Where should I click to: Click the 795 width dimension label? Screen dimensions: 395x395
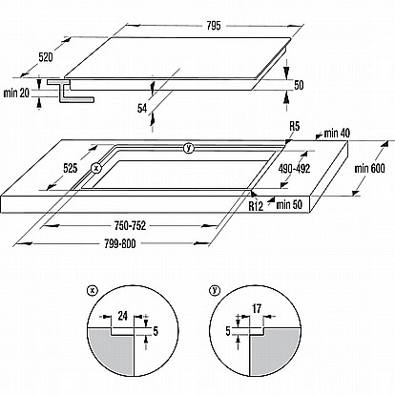(x=214, y=26)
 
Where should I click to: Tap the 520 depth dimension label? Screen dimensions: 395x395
(x=46, y=57)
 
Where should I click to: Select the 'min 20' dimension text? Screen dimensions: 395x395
(x=16, y=93)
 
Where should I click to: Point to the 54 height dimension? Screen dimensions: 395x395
(x=142, y=109)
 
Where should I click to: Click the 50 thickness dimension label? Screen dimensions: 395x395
(x=299, y=85)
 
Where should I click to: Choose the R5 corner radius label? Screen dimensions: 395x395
(x=295, y=126)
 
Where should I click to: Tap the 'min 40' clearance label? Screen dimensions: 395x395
(x=337, y=134)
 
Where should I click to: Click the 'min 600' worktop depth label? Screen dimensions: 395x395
(x=369, y=168)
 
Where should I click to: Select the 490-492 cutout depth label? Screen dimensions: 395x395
(x=294, y=169)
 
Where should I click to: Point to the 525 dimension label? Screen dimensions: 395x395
(x=71, y=168)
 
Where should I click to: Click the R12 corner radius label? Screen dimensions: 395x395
(x=256, y=206)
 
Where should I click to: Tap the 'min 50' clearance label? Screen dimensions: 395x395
(x=289, y=204)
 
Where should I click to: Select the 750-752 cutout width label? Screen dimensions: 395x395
(x=130, y=226)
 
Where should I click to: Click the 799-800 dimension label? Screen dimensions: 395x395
(x=120, y=244)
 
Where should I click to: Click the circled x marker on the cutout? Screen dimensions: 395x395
(x=95, y=168)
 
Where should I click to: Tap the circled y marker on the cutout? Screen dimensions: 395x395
(x=189, y=148)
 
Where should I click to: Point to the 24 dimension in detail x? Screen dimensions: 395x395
(x=122, y=316)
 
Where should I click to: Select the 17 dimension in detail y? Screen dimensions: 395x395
(x=257, y=308)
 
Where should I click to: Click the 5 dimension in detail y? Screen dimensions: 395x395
(x=228, y=331)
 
